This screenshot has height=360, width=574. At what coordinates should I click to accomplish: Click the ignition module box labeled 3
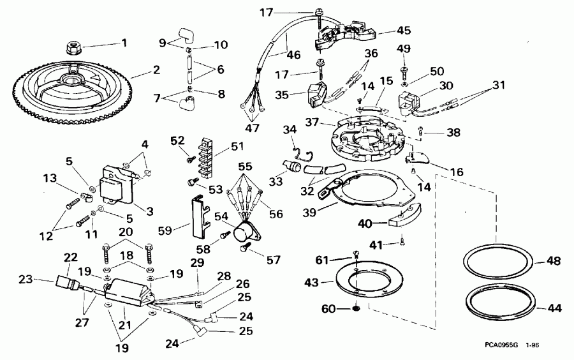[119, 182]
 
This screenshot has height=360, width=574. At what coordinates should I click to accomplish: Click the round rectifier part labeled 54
[246, 231]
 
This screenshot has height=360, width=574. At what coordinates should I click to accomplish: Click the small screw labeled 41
[402, 241]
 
